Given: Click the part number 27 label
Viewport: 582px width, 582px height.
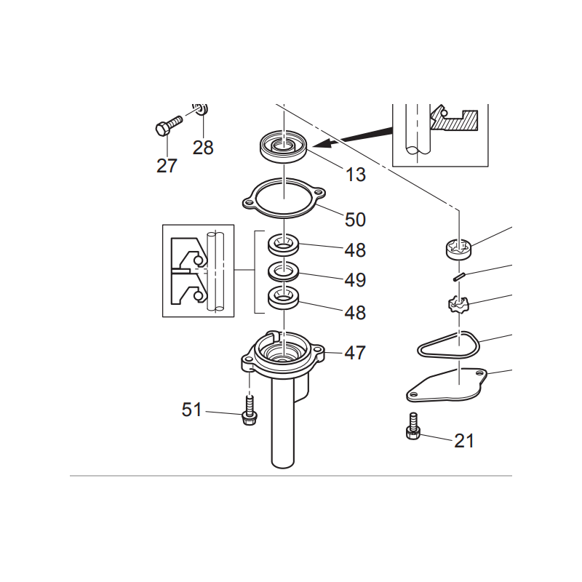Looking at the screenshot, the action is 167,166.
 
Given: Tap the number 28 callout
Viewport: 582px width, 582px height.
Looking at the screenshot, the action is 203,148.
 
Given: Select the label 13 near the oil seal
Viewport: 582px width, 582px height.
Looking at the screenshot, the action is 356,175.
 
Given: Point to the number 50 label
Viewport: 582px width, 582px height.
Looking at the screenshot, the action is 355,220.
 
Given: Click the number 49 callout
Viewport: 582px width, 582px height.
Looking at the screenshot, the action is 355,280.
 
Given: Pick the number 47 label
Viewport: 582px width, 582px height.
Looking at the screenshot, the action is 355,353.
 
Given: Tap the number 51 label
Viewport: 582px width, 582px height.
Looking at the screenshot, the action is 191,410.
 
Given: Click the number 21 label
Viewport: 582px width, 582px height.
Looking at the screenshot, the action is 464,441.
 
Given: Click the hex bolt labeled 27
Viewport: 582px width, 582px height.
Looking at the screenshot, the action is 168,125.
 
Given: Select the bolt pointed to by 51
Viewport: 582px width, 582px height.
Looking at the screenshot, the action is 249,410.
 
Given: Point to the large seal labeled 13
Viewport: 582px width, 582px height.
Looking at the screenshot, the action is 284,146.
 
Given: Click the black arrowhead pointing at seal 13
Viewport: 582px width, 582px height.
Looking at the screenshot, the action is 324,143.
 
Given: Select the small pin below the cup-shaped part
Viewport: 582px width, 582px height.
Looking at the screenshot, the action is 459,277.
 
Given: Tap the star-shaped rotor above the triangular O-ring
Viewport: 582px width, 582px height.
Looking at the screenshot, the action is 459,304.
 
